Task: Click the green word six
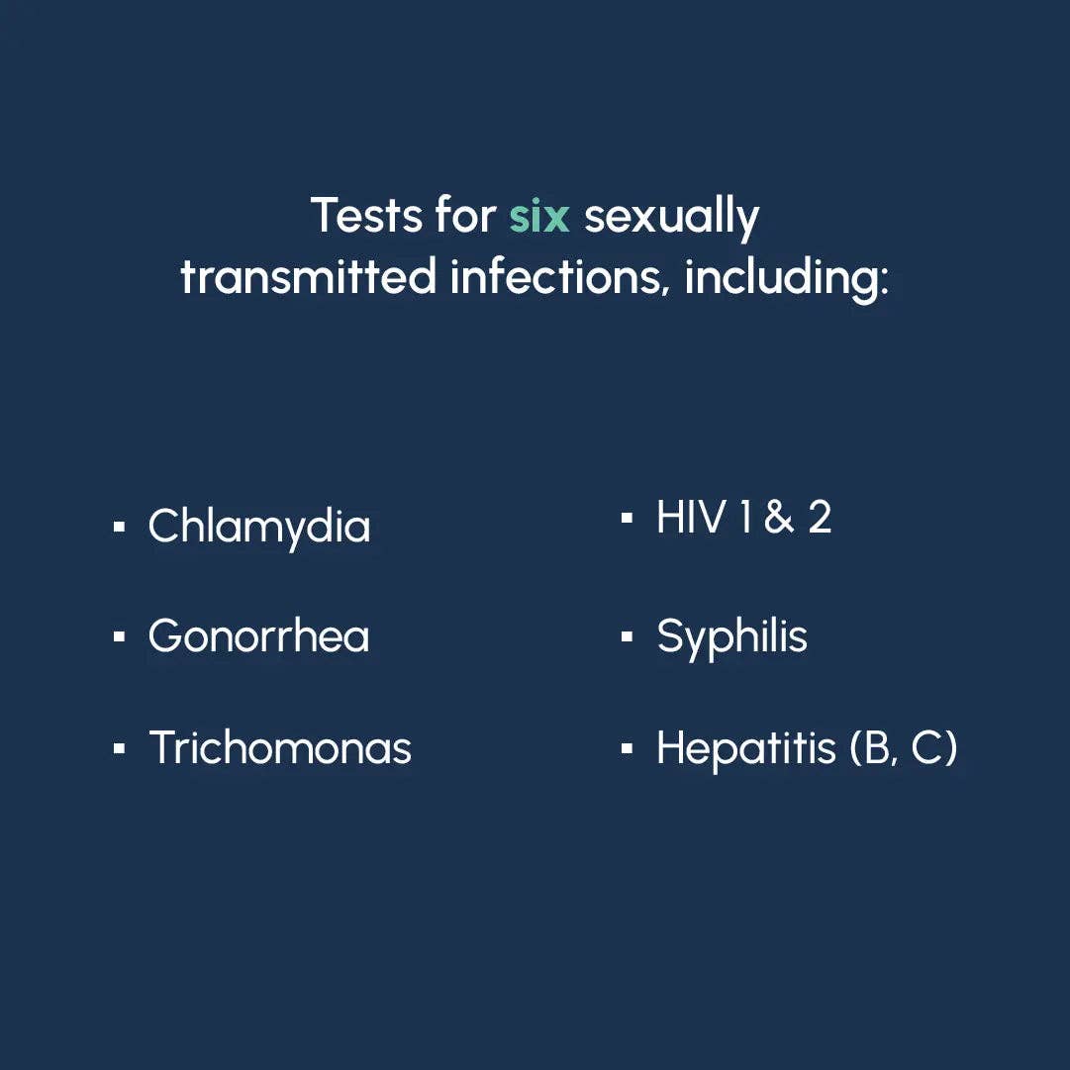[x=539, y=216]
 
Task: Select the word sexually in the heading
[x=671, y=219]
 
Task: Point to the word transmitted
[x=308, y=276]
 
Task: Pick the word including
[x=787, y=279]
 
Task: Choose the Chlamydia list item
[x=259, y=528]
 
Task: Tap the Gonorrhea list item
[x=258, y=636]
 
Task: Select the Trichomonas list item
[x=280, y=748]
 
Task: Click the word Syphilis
[x=732, y=637]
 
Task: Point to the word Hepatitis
[x=746, y=749]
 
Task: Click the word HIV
[x=690, y=517]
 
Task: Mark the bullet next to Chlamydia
[x=120, y=527]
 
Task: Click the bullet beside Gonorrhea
[x=120, y=637]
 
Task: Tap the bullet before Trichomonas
[x=120, y=748]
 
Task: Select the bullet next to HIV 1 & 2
[x=628, y=518]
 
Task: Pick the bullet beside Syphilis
[x=628, y=637]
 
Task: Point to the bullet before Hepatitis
[x=628, y=748]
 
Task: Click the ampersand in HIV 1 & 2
[x=779, y=517]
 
